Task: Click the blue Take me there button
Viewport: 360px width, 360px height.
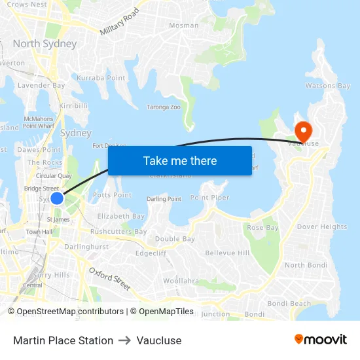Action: pos(180,160)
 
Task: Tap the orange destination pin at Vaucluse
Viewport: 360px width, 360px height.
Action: pos(303,128)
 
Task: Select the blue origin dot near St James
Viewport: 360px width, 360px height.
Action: pos(57,198)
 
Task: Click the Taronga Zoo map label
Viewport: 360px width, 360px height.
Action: pos(163,107)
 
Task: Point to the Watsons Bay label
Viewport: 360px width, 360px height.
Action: pos(328,86)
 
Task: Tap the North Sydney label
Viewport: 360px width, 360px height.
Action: pos(45,44)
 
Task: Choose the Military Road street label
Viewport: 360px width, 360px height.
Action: pos(120,22)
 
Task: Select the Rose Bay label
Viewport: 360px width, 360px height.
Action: pos(263,228)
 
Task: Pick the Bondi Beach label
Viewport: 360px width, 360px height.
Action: pos(289,303)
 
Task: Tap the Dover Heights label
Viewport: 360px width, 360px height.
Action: pos(322,227)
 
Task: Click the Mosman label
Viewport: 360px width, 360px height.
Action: pos(184,26)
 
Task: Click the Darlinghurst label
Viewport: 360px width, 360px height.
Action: pos(86,247)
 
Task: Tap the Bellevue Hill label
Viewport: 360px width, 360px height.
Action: pos(227,253)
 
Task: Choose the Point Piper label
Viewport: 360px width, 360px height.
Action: pos(209,198)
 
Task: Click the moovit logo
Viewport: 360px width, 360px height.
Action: pos(321,339)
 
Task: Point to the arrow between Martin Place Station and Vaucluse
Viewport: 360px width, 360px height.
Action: pos(124,340)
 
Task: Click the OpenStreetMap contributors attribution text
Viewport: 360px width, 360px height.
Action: pos(70,312)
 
